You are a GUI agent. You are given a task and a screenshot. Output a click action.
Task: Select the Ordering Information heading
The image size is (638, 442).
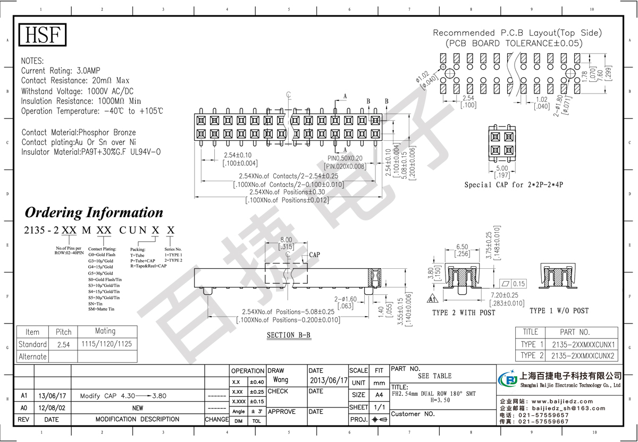(94, 212)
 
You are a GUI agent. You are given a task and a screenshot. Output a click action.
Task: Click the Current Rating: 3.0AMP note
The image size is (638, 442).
(61, 71)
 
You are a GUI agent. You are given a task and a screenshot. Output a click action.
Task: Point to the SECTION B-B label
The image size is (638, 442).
(289, 335)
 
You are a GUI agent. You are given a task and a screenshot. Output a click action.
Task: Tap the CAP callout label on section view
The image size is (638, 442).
(315, 255)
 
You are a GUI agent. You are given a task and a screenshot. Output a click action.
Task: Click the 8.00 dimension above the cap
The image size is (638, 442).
(286, 240)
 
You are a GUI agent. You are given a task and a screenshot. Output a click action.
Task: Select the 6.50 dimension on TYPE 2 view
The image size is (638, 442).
(461, 247)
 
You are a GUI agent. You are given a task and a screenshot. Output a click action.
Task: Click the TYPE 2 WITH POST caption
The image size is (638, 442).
(464, 313)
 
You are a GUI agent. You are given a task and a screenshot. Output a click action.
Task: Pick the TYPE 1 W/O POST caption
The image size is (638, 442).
(559, 310)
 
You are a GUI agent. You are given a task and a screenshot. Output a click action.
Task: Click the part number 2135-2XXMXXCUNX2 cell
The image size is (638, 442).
(582, 355)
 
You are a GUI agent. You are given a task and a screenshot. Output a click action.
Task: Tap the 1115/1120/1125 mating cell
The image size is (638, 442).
(105, 344)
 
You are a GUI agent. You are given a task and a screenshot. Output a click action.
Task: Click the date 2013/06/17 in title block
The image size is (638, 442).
(328, 380)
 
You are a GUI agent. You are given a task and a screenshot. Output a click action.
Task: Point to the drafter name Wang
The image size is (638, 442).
(280, 380)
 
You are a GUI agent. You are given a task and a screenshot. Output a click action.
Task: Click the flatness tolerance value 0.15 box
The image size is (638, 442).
(519, 284)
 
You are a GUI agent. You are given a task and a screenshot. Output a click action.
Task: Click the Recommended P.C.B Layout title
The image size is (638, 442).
(517, 32)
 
